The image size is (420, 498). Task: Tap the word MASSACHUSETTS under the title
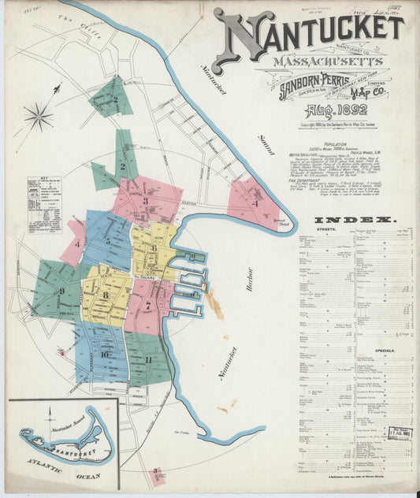317,61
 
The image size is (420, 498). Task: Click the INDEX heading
355,221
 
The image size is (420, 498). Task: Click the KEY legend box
44,204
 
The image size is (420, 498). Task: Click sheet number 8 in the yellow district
105,295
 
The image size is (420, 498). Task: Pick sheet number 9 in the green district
61,291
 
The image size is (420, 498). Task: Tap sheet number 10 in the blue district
104,354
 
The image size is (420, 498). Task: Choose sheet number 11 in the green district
147,359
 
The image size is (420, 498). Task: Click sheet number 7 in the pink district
147,304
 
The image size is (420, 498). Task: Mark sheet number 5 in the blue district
107,241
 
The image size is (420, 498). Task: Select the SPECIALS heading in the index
385,350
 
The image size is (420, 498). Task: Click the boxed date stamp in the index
399,433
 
